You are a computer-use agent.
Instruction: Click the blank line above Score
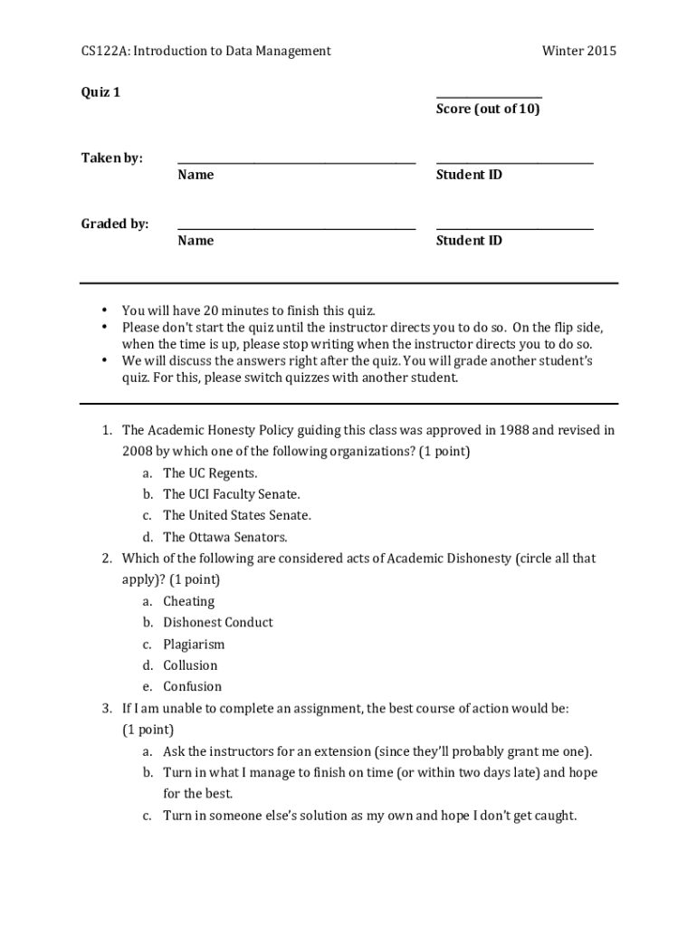[x=489, y=97]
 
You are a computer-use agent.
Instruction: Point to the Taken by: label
[x=112, y=158]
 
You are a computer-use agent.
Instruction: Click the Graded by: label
[x=115, y=224]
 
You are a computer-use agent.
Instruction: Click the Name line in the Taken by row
[x=296, y=163]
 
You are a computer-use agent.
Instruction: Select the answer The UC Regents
[x=210, y=473]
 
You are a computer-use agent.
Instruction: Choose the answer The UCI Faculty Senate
[x=231, y=494]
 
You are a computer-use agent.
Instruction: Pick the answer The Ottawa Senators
[x=224, y=537]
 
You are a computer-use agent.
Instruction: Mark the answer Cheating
[x=188, y=601]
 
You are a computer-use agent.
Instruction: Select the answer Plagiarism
[x=194, y=645]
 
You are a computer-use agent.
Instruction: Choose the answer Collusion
[x=190, y=665]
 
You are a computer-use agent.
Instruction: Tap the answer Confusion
[x=192, y=686]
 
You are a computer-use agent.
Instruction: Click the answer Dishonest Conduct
[x=217, y=622]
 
